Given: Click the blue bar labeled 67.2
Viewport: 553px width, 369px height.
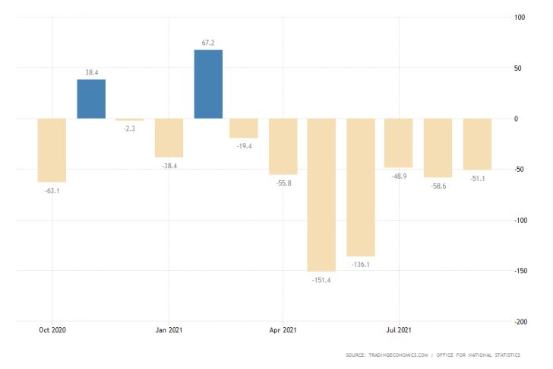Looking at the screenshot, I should pos(208,84).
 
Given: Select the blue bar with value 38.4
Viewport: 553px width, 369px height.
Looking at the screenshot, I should pos(91,99).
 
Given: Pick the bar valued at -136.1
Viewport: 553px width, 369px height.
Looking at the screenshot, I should pos(361,187).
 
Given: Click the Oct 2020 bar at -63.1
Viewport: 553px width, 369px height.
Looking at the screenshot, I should pos(52,150).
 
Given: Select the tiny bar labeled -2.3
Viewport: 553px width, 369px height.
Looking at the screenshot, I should pos(130,120).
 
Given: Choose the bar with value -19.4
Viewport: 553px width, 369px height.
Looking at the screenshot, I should pos(244,128).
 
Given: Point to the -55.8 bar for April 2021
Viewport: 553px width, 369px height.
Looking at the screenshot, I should pos(283,146).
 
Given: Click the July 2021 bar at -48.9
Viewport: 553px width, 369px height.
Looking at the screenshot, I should pos(399,143).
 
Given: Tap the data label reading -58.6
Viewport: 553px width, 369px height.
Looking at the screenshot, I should pos(438,186).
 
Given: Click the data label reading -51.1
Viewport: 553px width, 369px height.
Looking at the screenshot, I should pos(478,179).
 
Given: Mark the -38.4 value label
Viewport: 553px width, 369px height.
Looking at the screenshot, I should pos(169,166).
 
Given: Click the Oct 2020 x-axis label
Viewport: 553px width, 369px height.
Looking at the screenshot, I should pos(52,330).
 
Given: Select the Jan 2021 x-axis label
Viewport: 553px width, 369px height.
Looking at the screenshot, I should pos(169,330).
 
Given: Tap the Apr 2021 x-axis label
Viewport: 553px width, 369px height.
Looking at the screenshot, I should pos(283,330).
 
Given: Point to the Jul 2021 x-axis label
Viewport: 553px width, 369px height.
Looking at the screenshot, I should pos(399,330).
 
